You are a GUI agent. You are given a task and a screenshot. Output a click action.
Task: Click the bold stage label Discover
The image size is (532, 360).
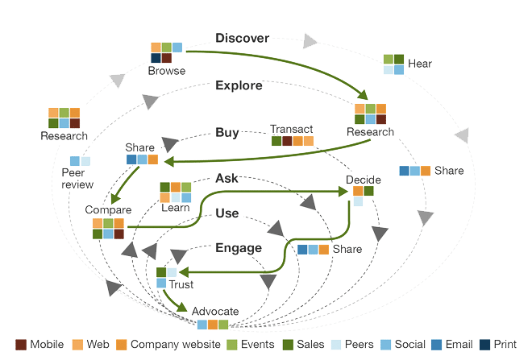(x=242, y=37)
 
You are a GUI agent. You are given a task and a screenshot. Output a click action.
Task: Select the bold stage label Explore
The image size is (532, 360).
(x=239, y=85)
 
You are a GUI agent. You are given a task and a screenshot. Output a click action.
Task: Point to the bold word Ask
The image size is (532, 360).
(x=227, y=178)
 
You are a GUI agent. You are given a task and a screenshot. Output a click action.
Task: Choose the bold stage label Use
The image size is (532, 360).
(x=227, y=213)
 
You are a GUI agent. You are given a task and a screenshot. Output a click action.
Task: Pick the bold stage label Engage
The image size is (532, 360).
(x=238, y=248)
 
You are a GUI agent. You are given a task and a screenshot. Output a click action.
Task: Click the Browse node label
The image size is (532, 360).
(x=166, y=71)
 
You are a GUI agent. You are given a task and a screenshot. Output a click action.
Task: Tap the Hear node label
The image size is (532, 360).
(x=420, y=63)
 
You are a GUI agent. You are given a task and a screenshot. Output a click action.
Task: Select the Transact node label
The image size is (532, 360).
(x=291, y=129)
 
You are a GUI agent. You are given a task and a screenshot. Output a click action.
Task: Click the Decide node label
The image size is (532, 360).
(x=363, y=180)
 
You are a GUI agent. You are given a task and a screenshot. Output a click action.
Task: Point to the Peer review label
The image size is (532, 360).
(x=78, y=179)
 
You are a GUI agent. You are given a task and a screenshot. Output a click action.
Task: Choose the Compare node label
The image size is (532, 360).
(x=108, y=210)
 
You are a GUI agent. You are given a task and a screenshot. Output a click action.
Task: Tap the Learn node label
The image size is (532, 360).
(x=175, y=208)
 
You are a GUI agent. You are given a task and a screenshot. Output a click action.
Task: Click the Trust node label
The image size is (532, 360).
(x=181, y=284)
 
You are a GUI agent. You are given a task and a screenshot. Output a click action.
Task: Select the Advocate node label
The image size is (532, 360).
(x=215, y=312)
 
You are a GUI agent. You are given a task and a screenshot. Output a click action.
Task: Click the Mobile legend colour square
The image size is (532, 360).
(x=22, y=345)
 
